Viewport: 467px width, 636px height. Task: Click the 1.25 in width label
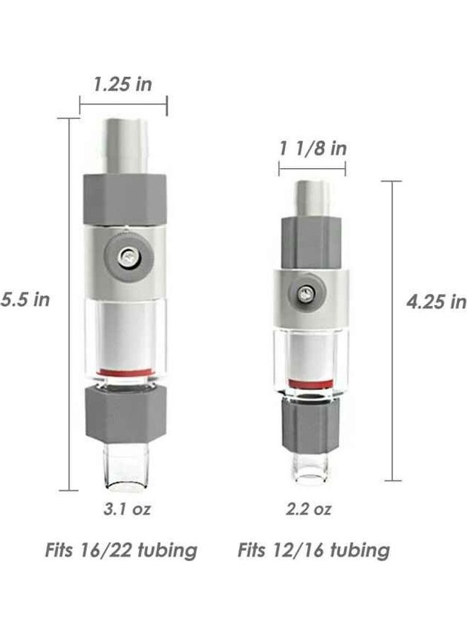click(123, 85)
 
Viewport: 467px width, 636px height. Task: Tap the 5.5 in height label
click(25, 299)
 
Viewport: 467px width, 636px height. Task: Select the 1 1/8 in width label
click(313, 148)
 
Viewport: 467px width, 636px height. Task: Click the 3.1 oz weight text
click(127, 509)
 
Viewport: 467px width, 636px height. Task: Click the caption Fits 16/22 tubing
click(121, 550)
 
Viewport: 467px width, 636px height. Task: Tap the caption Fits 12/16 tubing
click(313, 550)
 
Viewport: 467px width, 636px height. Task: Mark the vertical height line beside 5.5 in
click(69, 304)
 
